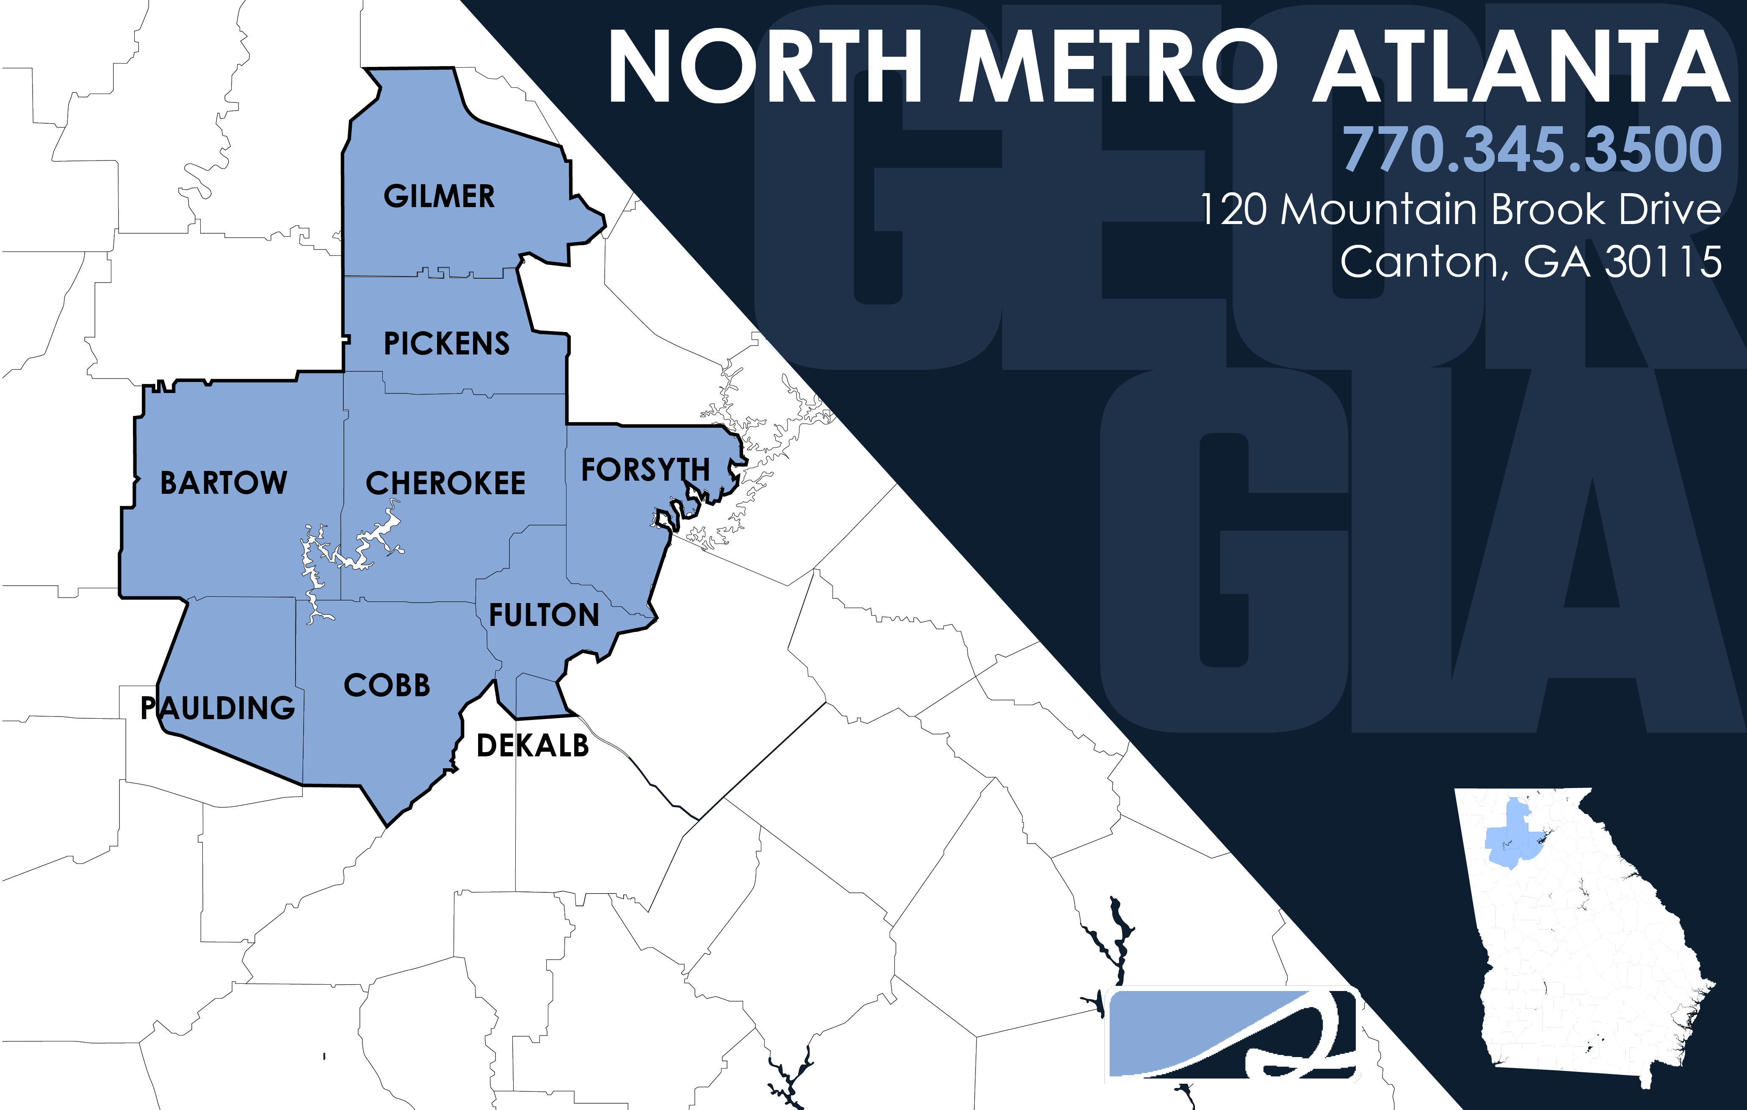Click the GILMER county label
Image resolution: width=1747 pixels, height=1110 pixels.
[x=439, y=196]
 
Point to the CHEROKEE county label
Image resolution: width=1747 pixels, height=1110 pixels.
[x=445, y=483]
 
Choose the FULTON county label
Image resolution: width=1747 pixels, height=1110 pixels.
[x=544, y=615]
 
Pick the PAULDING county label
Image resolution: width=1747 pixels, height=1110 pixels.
[x=218, y=708]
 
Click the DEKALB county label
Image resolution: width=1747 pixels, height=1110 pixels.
[x=533, y=746]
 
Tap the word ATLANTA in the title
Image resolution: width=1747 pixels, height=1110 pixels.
[x=1520, y=67]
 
